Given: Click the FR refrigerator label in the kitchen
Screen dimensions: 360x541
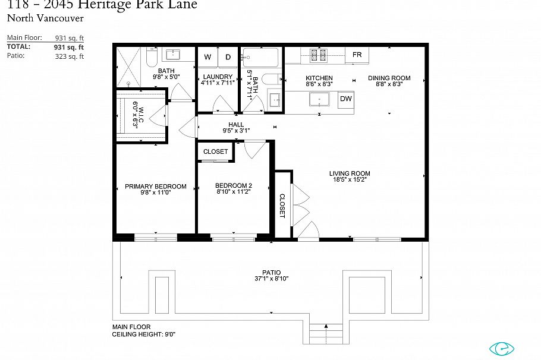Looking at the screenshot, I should point(357,55).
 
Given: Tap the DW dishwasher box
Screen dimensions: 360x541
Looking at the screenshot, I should point(346,99).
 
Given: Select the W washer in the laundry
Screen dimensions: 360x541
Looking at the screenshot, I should point(208,57).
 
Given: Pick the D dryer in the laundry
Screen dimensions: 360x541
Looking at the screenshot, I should point(228,57).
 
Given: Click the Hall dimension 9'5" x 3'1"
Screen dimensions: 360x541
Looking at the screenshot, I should point(236,131).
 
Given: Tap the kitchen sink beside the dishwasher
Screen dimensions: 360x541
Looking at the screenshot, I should point(319,99).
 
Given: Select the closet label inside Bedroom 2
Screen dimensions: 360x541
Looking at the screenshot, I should point(215,151).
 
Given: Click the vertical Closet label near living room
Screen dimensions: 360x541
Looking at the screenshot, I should point(282,206).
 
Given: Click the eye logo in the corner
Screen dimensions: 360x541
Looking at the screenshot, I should point(501,349).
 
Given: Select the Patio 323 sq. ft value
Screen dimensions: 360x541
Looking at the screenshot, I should point(70,56).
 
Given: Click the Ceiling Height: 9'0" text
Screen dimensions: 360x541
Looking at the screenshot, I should point(144,334).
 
